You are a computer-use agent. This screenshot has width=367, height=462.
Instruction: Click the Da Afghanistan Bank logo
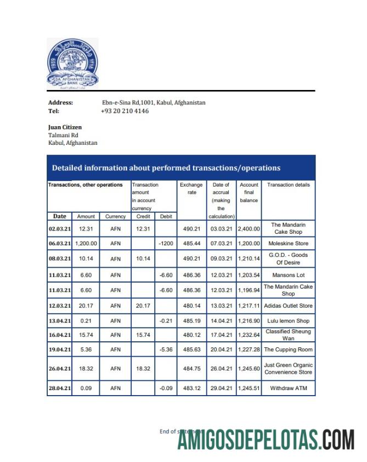coord(73,63)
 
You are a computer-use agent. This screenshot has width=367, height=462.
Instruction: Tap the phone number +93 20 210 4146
coord(125,111)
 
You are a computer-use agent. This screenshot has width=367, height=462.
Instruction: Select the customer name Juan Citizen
coord(65,127)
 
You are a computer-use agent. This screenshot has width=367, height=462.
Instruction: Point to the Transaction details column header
coord(288,185)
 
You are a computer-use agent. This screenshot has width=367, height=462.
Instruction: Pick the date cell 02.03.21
coord(60,228)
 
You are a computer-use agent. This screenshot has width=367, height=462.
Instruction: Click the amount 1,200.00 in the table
coord(86,243)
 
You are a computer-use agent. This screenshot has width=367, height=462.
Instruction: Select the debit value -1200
coord(166,243)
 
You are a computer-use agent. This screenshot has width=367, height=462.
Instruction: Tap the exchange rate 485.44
coord(191,243)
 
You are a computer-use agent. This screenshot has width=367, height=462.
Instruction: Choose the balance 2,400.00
coord(249,228)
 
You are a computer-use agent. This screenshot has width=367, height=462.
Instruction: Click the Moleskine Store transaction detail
coord(288,243)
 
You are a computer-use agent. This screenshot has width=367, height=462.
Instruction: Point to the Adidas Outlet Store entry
coord(288,306)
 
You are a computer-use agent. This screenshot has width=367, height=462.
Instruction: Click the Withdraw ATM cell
coord(288,389)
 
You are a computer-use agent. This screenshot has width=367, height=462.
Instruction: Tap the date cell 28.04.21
coord(60,389)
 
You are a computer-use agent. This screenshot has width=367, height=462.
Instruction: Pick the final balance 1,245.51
coord(249,389)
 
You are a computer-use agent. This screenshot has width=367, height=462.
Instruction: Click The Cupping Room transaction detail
coord(288,350)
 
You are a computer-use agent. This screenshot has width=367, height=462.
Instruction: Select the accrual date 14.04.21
coord(221,320)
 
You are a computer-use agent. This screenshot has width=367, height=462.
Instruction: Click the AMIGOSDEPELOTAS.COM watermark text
coord(266,440)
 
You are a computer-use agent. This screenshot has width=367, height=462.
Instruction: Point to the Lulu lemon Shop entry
coord(288,320)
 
